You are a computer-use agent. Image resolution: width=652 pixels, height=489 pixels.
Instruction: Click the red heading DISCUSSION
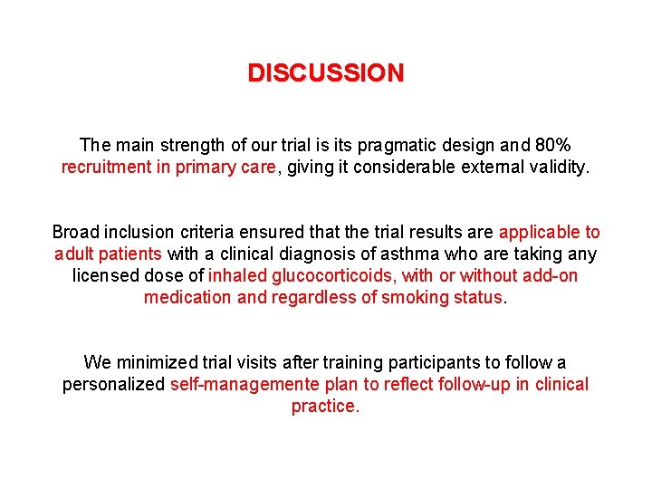326,73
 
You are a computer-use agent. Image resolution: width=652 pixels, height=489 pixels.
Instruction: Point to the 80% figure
551,145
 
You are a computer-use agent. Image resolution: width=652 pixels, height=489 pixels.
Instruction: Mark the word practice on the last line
325,407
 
